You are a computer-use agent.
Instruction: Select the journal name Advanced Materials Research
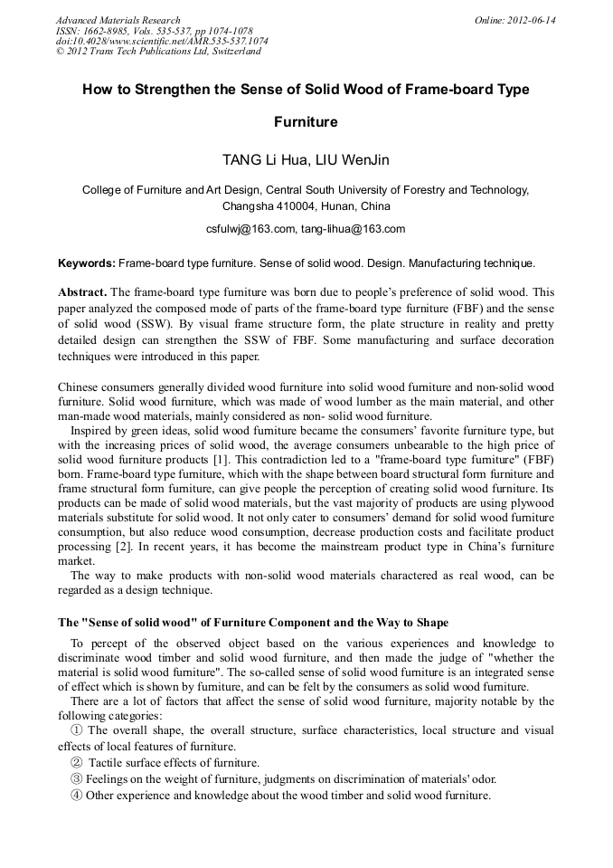(118, 20)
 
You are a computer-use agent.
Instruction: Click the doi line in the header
(161, 41)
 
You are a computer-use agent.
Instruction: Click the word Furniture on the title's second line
(306, 121)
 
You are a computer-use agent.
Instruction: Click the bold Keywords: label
(86, 263)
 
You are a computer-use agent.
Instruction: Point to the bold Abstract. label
(82, 292)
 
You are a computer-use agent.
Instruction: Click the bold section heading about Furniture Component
(253, 623)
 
